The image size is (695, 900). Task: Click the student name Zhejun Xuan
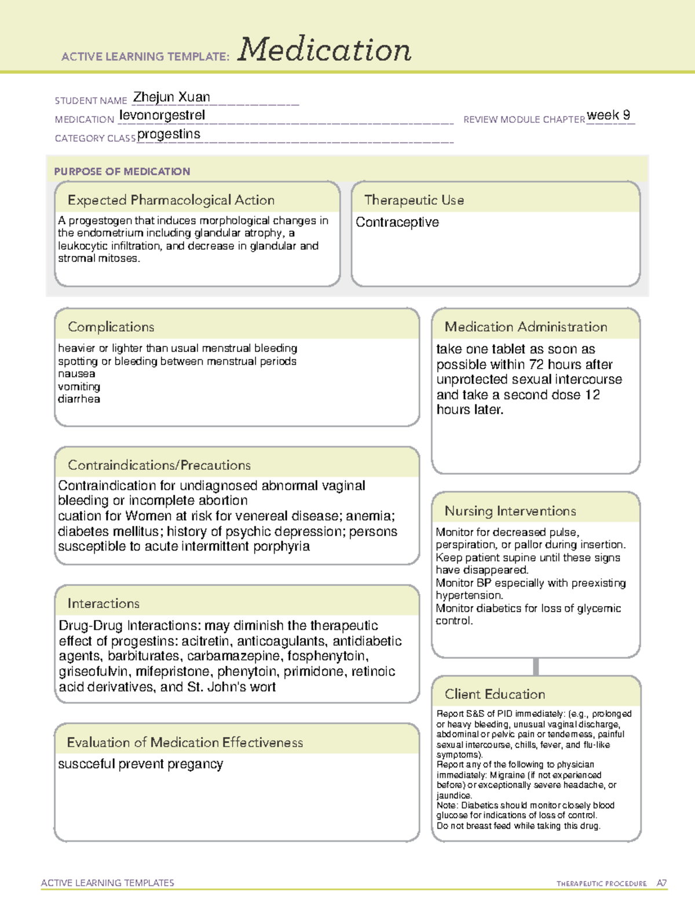(x=171, y=97)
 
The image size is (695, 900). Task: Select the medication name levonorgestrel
(x=162, y=115)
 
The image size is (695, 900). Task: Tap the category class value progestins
(x=169, y=134)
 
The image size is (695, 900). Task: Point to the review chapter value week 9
(x=608, y=115)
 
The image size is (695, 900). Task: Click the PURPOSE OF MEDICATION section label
(x=122, y=172)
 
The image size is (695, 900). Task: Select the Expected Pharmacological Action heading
(x=171, y=200)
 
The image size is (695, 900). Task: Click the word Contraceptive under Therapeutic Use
(x=397, y=223)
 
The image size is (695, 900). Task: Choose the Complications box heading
(x=111, y=327)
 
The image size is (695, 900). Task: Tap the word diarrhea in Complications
(x=79, y=399)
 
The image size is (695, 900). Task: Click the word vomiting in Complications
(x=79, y=387)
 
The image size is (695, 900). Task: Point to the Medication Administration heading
(x=526, y=327)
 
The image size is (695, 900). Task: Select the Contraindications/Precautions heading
(x=159, y=465)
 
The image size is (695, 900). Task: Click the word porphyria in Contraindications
(x=283, y=546)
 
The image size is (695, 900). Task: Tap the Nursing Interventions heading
(x=510, y=511)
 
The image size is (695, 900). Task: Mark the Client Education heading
(x=495, y=694)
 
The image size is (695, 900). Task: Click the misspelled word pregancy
(x=195, y=764)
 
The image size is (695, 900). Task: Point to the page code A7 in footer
(x=661, y=883)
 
